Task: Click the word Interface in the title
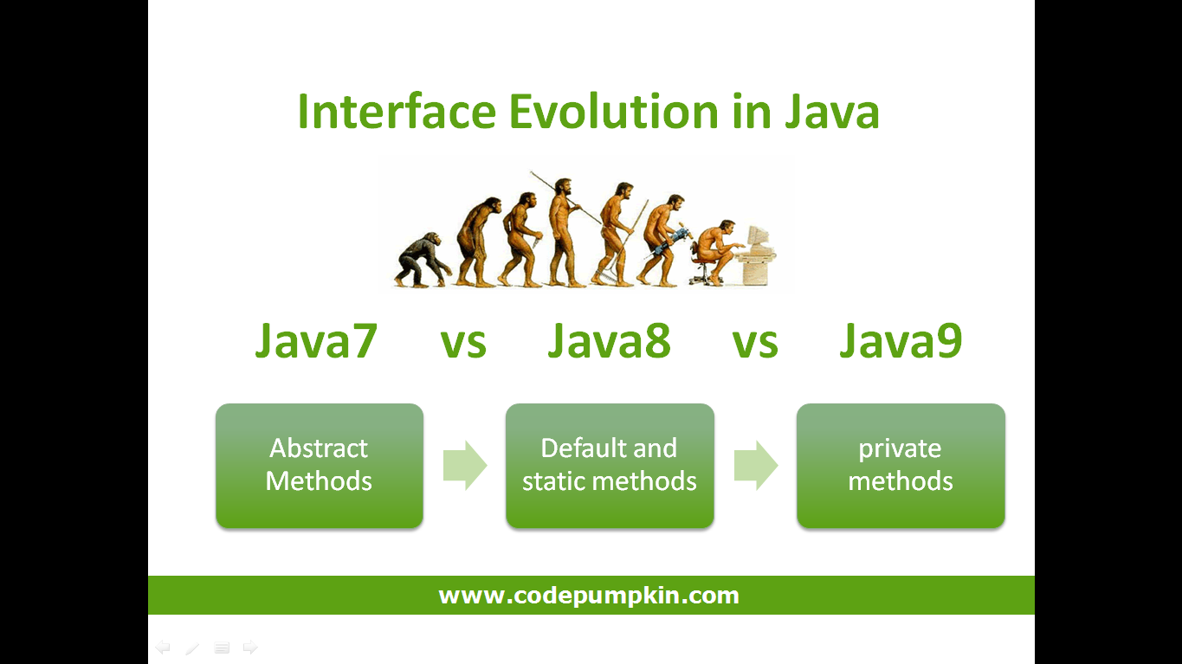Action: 397,112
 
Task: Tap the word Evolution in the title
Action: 613,112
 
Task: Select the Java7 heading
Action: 315,341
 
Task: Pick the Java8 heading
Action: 609,341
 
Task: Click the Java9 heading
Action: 901,341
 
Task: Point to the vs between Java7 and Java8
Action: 462,344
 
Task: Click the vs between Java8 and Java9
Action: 754,344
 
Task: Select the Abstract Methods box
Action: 320,466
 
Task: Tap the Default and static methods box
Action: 610,466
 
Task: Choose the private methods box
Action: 901,466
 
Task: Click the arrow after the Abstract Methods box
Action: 464,465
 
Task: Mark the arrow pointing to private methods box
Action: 756,465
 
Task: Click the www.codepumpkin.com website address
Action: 589,596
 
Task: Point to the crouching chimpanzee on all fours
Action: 423,260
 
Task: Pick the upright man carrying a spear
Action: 565,232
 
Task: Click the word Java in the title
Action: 832,112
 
